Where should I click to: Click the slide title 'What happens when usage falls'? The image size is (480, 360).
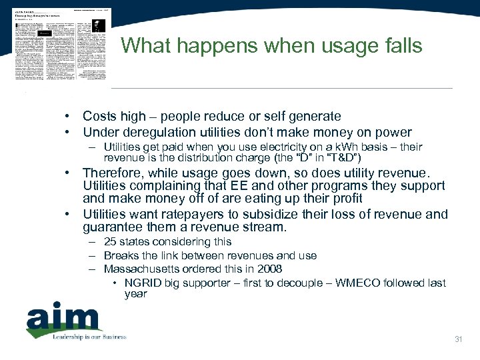[271, 46]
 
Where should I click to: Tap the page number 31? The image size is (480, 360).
[458, 340]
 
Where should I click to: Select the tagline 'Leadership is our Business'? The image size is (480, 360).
[89, 337]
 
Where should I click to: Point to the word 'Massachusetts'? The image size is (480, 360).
[136, 269]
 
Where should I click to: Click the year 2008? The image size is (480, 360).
[269, 269]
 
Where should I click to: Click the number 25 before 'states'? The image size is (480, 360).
[110, 241]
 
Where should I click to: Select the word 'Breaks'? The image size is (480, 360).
[120, 255]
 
